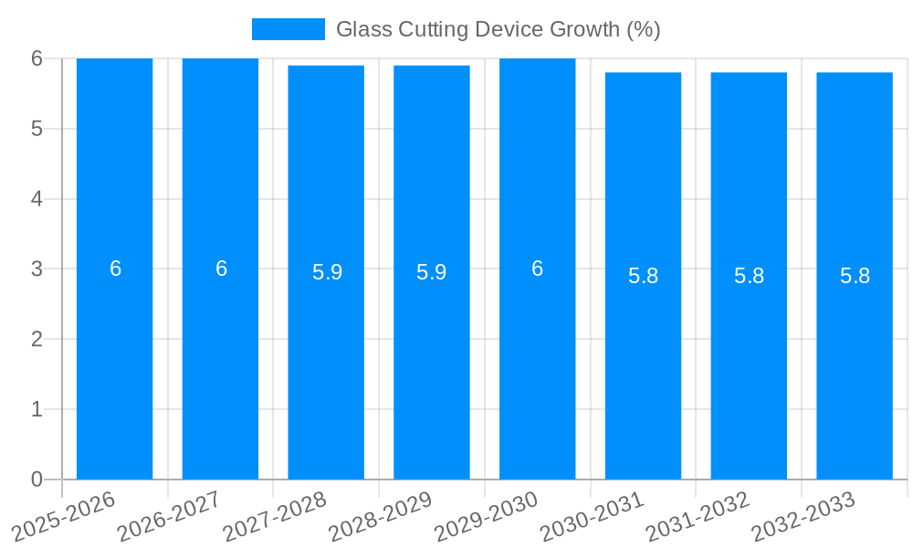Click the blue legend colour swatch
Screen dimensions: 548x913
pos(289,29)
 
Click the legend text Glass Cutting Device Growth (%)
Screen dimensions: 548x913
pos(498,29)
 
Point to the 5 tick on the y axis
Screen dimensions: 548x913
pos(37,129)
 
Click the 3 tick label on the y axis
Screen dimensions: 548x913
pos(37,269)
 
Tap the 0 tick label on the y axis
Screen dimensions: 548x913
pos(37,479)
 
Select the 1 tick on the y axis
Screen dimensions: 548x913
pos(37,409)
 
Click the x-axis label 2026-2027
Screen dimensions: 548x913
pos(169,517)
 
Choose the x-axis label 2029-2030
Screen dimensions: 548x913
pos(486,517)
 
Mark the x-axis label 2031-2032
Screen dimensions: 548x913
pos(698,517)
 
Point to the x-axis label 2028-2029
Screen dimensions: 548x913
pos(380,517)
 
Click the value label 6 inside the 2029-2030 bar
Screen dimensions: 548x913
pos(538,269)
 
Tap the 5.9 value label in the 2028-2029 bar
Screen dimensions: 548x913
pos(432,272)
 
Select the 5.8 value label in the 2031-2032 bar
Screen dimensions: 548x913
pos(749,276)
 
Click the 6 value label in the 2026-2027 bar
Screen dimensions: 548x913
pos(221,269)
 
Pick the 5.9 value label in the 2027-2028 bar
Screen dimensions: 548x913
pos(327,272)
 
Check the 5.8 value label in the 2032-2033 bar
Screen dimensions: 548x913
pos(855,276)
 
